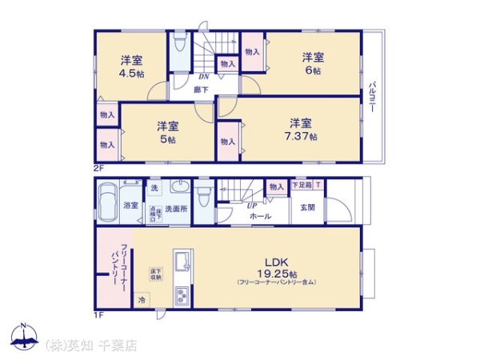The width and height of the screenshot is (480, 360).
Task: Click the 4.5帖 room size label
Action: (133, 74)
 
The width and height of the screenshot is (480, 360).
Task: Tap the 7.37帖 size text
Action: (302, 137)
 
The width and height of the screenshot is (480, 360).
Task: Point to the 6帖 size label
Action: (313, 71)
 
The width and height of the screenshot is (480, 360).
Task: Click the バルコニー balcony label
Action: (373, 97)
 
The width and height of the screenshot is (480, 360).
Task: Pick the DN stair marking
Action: (203, 77)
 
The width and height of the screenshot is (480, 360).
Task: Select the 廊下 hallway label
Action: (202, 90)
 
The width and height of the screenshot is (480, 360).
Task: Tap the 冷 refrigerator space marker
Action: (142, 301)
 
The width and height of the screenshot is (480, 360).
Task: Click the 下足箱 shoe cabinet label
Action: (301, 185)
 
